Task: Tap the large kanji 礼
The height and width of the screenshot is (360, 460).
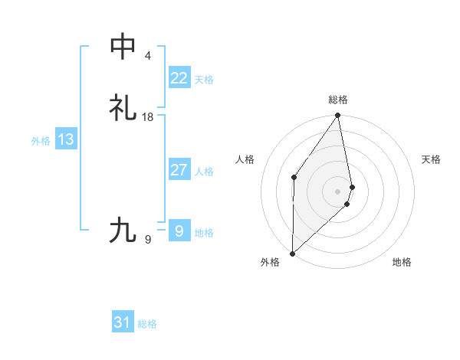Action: [123, 107]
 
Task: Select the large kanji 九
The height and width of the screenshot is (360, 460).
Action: [123, 229]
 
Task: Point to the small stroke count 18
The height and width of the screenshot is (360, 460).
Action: [148, 116]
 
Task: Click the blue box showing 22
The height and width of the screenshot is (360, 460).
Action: [179, 78]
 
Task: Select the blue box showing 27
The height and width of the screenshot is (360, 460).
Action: [179, 170]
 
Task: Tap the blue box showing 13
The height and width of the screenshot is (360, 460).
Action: [65, 140]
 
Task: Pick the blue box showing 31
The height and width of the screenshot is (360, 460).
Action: [122, 322]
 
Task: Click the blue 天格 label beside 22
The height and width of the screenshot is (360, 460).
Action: [204, 80]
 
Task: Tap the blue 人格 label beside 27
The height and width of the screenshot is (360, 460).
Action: [205, 172]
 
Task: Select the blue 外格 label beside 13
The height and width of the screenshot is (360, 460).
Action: [41, 141]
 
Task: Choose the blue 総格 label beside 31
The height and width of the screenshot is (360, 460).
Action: [147, 324]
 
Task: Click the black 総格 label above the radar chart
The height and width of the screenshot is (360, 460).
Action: [338, 100]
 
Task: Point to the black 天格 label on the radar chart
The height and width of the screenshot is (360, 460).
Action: [432, 159]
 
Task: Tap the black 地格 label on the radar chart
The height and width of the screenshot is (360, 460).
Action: [402, 263]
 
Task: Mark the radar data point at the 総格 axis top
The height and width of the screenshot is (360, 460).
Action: [338, 116]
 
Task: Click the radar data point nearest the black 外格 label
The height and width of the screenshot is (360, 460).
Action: [292, 253]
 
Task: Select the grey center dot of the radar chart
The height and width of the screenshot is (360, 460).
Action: [338, 191]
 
